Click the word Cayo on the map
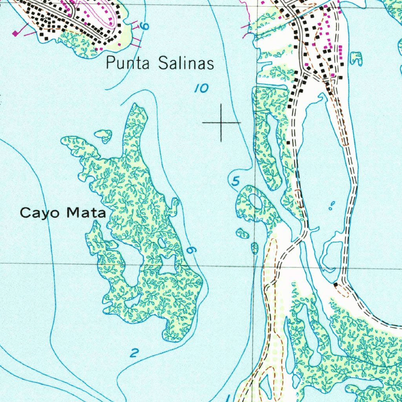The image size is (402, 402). click(42, 213)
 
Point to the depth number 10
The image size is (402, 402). click(201, 89)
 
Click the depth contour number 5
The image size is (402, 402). click(236, 181)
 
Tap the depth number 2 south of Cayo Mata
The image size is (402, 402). click(134, 353)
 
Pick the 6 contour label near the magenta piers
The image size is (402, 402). click(145, 27)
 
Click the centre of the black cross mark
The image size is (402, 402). click(221, 123)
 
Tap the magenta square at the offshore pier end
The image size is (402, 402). click(16, 33)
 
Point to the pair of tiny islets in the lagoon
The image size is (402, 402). click(332, 205)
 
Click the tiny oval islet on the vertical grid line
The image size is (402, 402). click(255, 248)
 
